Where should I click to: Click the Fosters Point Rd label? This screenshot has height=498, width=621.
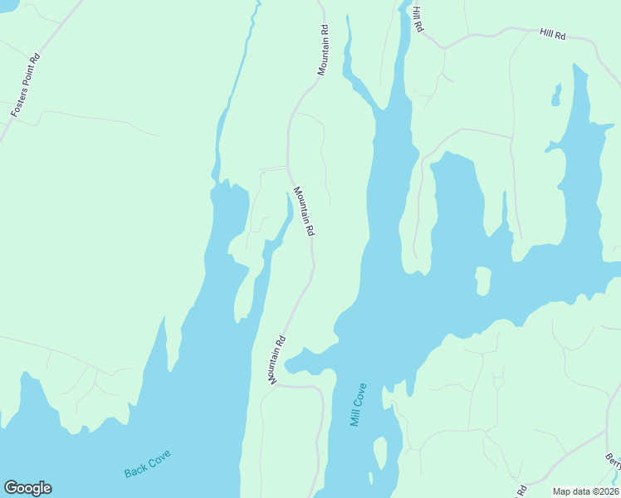coord(25,85)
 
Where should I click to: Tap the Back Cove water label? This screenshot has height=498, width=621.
coord(148,464)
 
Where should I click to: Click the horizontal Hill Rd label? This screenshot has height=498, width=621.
coord(552,34)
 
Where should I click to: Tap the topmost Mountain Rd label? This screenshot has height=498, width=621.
coord(323,50)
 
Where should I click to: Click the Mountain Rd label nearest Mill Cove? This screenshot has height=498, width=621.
coord(277,359)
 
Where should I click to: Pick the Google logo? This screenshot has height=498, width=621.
coord(27,488)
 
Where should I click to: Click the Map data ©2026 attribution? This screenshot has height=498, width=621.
coord(585,491)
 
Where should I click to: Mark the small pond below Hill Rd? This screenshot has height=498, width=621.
coord(556,96)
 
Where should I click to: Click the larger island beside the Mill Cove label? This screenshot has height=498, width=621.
coord(379,453)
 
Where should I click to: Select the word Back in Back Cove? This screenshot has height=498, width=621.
coord(135,471)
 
